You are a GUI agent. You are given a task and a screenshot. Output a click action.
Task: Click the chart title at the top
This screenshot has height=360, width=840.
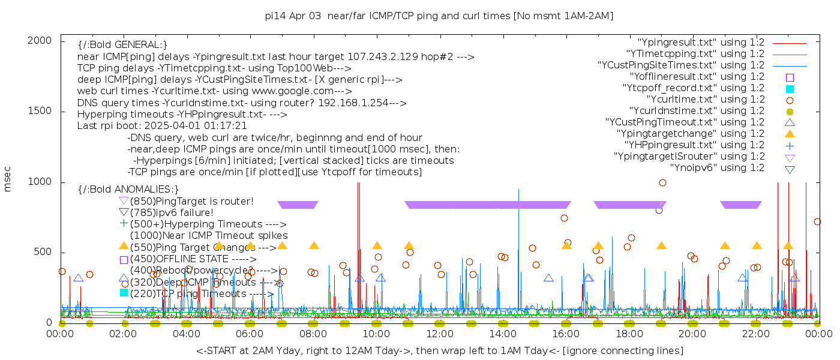(x=439, y=16)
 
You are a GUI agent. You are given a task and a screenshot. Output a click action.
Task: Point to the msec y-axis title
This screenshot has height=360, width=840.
(x=8, y=181)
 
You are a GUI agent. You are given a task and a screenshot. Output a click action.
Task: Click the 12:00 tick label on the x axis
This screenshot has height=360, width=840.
(x=439, y=334)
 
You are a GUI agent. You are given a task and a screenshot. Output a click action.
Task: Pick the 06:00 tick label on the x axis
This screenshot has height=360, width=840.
(x=250, y=334)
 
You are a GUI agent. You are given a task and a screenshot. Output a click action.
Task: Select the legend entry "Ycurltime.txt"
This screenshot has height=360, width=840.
(x=705, y=100)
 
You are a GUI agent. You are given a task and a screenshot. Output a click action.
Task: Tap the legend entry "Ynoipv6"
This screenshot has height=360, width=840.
(x=717, y=168)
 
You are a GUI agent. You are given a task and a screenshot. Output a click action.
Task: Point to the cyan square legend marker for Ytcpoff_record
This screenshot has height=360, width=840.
(x=790, y=89)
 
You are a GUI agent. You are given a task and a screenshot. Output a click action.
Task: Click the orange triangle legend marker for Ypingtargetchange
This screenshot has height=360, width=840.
(x=790, y=134)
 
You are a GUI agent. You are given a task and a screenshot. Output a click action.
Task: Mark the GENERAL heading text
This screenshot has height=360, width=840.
(x=122, y=45)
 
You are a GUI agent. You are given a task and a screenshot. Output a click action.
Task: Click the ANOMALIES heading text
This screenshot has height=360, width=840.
(x=128, y=190)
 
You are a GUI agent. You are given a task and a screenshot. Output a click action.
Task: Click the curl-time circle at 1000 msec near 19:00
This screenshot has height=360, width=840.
(x=662, y=182)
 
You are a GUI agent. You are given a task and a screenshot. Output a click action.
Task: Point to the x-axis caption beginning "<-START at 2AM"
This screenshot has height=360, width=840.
(x=439, y=350)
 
